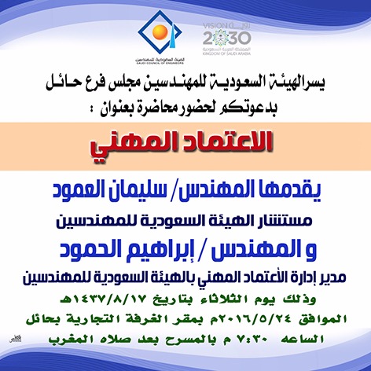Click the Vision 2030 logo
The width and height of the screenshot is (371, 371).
point(227,39)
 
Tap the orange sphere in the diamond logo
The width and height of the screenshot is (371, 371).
point(160,32)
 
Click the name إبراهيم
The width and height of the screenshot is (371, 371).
point(160,249)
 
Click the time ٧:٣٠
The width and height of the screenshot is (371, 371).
point(252,340)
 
